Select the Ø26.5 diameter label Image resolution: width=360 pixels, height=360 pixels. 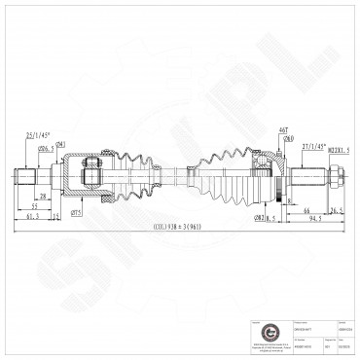[x=46, y=148]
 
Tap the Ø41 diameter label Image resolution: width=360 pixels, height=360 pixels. [x=59, y=144]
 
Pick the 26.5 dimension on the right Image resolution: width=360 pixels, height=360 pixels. [x=337, y=210]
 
